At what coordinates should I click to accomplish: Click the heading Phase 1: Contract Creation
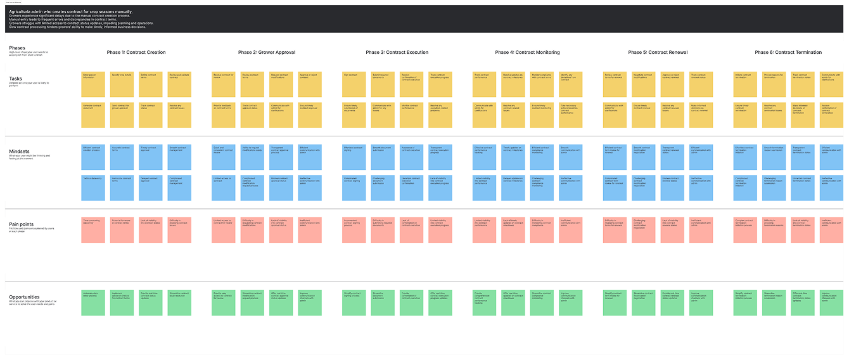coord(136,52)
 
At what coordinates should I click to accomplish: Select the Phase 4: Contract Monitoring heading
coord(527,52)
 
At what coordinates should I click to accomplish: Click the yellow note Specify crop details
coord(122,84)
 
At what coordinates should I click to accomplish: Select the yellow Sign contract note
coord(354,84)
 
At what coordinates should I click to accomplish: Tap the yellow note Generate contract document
coord(93,114)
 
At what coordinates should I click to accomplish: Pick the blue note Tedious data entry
coord(93,188)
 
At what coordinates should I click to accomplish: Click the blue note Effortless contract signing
coord(354,157)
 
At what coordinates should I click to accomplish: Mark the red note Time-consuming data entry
coord(93,229)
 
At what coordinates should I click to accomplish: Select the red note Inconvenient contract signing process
coord(354,229)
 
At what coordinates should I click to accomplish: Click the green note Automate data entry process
coord(93,302)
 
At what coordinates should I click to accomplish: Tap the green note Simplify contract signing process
coord(354,302)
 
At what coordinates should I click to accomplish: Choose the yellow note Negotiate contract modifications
coord(644,84)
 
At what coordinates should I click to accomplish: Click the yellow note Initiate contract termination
coord(745,84)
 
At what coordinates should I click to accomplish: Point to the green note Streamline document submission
coord(383,302)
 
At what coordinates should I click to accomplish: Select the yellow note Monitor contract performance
coord(412,114)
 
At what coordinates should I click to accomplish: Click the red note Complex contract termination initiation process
coord(745,229)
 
